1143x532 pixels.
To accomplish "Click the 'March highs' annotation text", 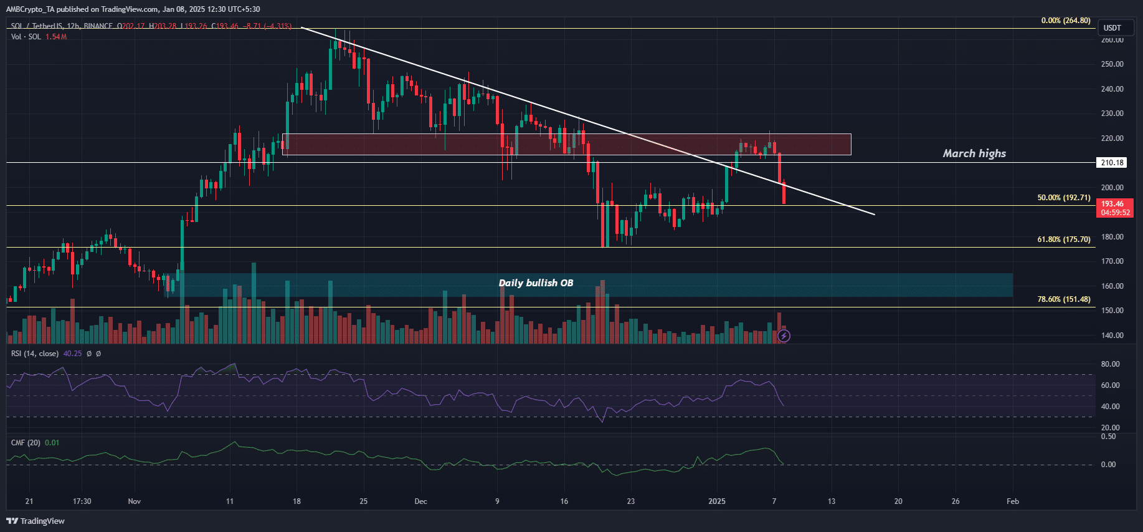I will [x=974, y=153].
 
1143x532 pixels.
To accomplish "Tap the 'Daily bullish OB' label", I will [x=536, y=283].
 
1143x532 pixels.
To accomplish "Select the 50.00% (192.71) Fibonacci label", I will [x=1064, y=198].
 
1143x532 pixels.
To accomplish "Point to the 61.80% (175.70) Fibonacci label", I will [x=1064, y=239].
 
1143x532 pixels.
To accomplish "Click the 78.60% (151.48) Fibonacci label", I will [x=1064, y=299].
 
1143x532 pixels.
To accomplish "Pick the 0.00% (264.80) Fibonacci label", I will [x=1066, y=21].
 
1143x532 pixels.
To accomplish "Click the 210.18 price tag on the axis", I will [x=1112, y=163].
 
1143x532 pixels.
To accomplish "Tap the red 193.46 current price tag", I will [x=1114, y=208].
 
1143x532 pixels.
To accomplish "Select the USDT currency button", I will [x=1112, y=28].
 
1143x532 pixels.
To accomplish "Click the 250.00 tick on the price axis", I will [x=1112, y=64].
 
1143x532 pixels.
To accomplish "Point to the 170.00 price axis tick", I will [x=1112, y=261].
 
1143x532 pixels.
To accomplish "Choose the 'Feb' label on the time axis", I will [x=1013, y=501].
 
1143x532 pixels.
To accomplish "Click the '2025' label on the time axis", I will [x=717, y=501].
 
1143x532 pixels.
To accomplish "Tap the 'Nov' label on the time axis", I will [x=135, y=501].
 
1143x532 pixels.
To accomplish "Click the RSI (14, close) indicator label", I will [x=35, y=354].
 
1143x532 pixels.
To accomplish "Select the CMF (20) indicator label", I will [x=26, y=443].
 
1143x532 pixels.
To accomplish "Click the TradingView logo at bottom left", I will [x=36, y=521].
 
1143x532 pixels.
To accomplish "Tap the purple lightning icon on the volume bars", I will [x=784, y=336].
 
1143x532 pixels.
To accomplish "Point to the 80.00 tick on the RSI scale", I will [x=1110, y=364].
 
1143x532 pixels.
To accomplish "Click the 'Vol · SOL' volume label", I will [x=26, y=37].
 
